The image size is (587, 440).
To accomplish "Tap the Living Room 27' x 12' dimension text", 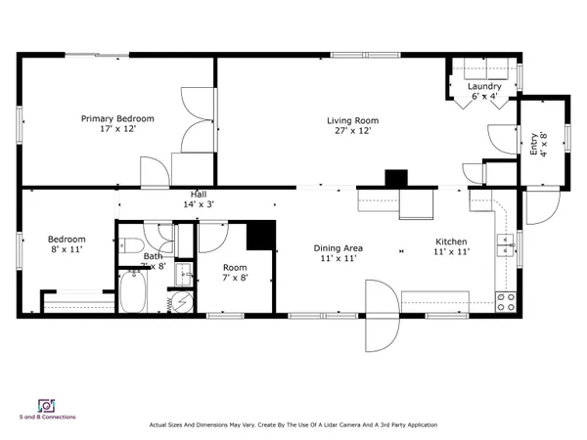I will [x=350, y=130].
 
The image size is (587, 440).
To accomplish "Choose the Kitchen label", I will [x=451, y=241].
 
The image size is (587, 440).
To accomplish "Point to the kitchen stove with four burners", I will [x=506, y=301].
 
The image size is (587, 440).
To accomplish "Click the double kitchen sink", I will [x=507, y=242].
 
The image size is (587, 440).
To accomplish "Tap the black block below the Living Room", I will [x=395, y=179].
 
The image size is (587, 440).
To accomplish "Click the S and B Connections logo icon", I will [x=45, y=405].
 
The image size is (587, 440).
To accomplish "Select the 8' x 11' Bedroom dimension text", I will [x=68, y=251].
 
